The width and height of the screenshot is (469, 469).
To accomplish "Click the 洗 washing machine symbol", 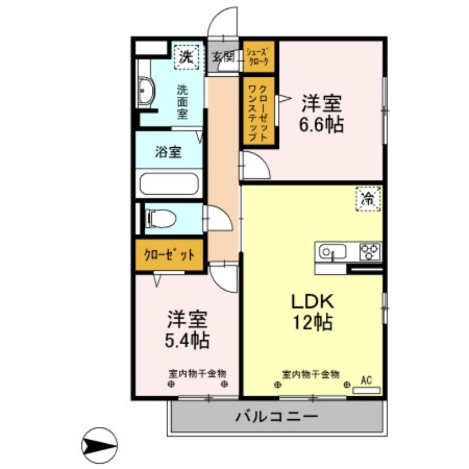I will (186, 57).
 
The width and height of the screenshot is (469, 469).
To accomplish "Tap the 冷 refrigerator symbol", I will (368, 199).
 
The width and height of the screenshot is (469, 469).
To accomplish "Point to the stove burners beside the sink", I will (370, 252).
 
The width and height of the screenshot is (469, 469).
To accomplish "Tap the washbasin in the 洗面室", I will (147, 91).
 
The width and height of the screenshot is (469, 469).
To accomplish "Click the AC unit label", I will (367, 380).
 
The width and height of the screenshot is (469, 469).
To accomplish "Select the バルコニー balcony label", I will (277, 417).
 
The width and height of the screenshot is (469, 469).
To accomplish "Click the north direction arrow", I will (100, 446).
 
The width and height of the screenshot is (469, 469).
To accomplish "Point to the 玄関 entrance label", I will (223, 57).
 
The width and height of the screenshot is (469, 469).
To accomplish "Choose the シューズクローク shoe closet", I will (258, 56).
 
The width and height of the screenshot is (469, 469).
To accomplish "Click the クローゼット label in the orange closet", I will (169, 255).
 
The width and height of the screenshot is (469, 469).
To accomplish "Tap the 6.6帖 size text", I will (321, 124).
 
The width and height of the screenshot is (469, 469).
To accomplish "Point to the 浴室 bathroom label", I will (168, 152).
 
